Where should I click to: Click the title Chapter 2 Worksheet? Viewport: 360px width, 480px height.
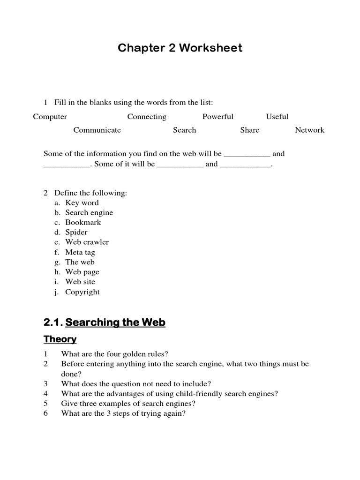pyautogui.click(x=180, y=48)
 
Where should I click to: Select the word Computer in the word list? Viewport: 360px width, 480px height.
pyautogui.click(x=50, y=117)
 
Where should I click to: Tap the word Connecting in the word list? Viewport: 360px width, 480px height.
pyautogui.click(x=147, y=117)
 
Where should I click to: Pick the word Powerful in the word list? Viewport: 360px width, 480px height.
pyautogui.click(x=217, y=117)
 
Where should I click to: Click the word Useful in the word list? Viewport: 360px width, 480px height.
pyautogui.click(x=277, y=117)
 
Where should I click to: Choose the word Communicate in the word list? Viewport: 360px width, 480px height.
pyautogui.click(x=97, y=130)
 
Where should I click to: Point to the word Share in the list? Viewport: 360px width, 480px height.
pyautogui.click(x=249, y=130)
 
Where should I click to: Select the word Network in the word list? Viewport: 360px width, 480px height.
pyautogui.click(x=309, y=130)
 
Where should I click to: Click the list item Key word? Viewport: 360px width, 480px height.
pyautogui.click(x=82, y=202)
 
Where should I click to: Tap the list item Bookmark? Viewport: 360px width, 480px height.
pyautogui.click(x=83, y=223)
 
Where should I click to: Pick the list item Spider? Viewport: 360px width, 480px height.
pyautogui.click(x=76, y=232)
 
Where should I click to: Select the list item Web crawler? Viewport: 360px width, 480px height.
pyautogui.click(x=87, y=242)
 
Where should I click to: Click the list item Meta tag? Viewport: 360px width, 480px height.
pyautogui.click(x=80, y=252)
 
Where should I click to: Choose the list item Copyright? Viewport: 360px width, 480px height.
pyautogui.click(x=82, y=292)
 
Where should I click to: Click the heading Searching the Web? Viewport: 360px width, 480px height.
pyautogui.click(x=115, y=322)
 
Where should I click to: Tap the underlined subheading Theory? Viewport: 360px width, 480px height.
pyautogui.click(x=60, y=339)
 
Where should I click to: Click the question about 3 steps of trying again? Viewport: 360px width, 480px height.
pyautogui.click(x=123, y=414)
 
